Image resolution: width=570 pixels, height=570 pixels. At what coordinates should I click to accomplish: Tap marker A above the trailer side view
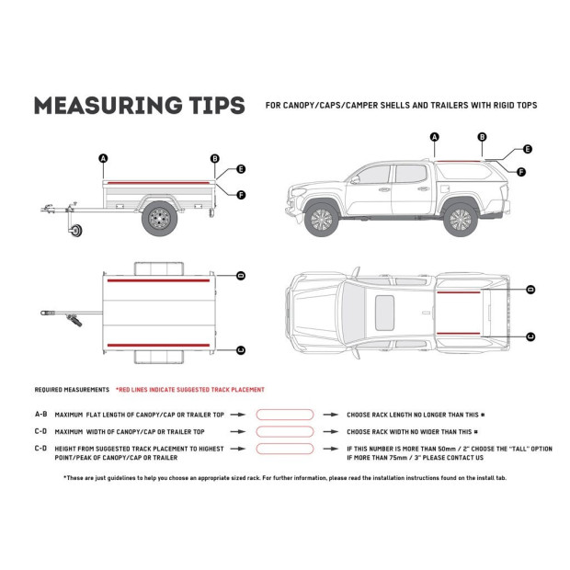pyautogui.click(x=103, y=158)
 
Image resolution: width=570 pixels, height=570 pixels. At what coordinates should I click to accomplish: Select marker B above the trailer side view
pyautogui.click(x=214, y=158)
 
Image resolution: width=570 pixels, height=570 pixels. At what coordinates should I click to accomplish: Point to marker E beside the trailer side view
pyautogui.click(x=241, y=169)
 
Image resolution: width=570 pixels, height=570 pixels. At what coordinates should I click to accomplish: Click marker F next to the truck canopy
pyautogui.click(x=521, y=172)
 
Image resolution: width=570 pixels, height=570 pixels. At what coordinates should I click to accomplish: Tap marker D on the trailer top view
pyautogui.click(x=241, y=275)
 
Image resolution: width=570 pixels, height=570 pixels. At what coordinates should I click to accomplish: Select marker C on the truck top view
pyautogui.click(x=530, y=336)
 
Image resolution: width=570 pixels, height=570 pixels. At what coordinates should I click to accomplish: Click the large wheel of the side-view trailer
pyautogui.click(x=159, y=218)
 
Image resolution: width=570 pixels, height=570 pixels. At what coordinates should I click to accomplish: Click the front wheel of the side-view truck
pyautogui.click(x=321, y=219)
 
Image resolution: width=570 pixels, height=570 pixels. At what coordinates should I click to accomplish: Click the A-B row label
pyautogui.click(x=41, y=416)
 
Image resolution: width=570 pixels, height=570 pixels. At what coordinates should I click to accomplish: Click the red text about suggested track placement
pyautogui.click(x=190, y=390)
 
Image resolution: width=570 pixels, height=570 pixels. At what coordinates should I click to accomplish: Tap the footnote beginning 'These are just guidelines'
pyautogui.click(x=284, y=478)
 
